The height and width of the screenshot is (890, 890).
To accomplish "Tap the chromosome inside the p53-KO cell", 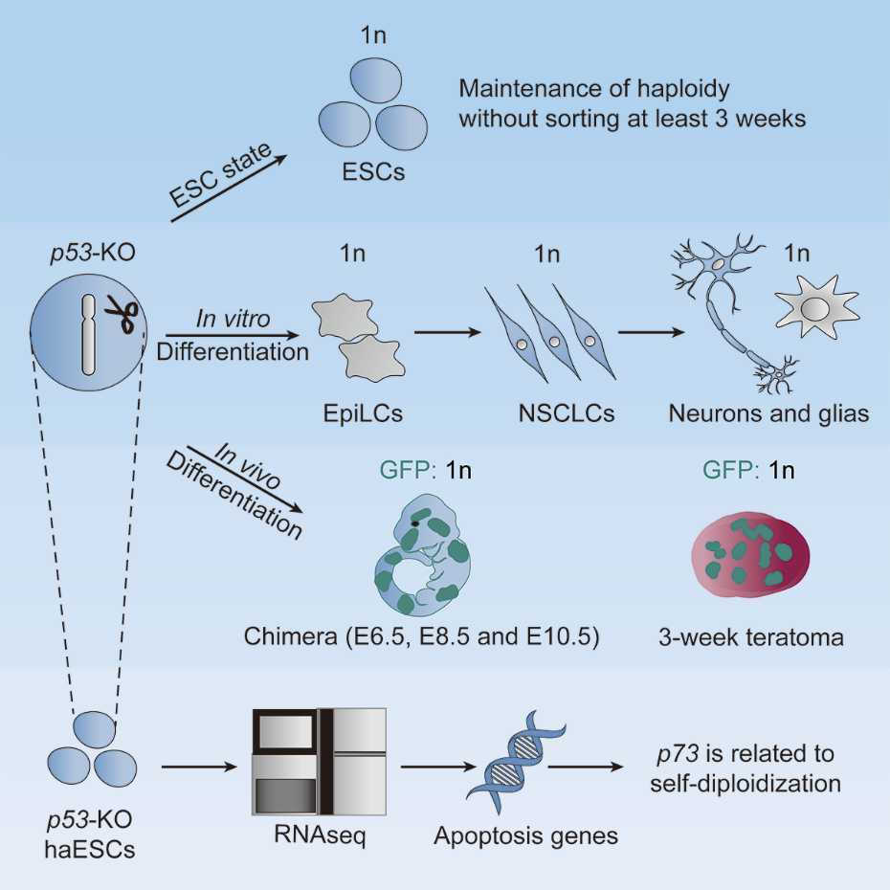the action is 88,335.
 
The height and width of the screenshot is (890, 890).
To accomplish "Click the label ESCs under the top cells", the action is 373,172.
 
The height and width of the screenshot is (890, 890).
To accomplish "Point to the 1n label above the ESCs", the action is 373,35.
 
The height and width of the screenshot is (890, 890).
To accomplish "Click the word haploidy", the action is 683,89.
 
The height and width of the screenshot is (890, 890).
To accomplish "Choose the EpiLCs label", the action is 363,413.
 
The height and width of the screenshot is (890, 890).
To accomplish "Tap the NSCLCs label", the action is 567,413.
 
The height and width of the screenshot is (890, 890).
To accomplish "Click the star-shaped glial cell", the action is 816,306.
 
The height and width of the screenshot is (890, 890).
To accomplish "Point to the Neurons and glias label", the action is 768,413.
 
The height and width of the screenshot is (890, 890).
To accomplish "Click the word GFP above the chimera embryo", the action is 408,471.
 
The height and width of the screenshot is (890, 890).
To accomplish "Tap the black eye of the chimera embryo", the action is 416,523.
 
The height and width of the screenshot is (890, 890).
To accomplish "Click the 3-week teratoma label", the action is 751,638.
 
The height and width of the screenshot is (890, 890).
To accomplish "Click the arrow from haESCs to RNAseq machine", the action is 199,768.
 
